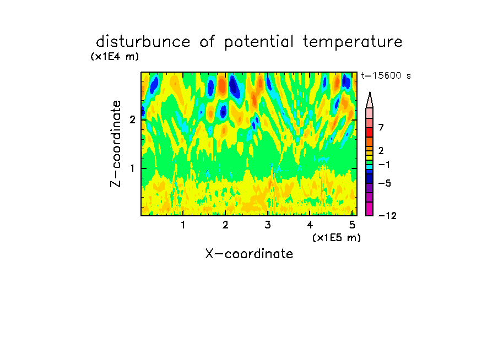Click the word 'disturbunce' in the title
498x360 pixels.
(x=143, y=42)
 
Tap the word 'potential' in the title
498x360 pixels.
(x=259, y=42)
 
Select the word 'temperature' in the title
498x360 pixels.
(x=353, y=42)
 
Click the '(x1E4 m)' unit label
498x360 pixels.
(x=115, y=57)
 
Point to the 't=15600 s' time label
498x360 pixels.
(x=386, y=75)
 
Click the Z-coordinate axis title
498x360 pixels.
(x=116, y=144)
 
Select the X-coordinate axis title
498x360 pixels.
(x=249, y=254)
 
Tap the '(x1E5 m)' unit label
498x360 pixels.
(x=337, y=237)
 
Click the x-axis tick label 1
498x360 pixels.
(x=183, y=225)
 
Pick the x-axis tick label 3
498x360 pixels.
(x=268, y=225)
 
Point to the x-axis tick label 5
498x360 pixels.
(x=352, y=225)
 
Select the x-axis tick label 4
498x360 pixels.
(x=310, y=225)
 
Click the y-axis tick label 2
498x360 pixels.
(x=132, y=119)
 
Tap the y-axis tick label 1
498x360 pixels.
(x=132, y=168)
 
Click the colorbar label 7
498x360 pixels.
(x=381, y=128)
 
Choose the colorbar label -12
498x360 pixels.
(x=387, y=216)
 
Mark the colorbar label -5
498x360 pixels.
(x=385, y=183)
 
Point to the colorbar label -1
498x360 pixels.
(x=385, y=165)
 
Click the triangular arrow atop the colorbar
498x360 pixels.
(x=370, y=100)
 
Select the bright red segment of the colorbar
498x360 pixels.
(x=370, y=132)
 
